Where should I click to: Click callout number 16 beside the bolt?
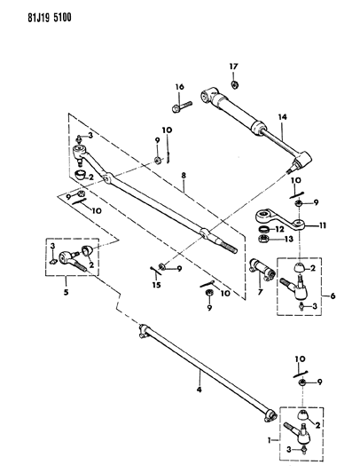[x=178, y=86]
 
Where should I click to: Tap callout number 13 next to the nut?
[x=290, y=240]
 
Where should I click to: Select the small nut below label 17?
[x=233, y=84]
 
